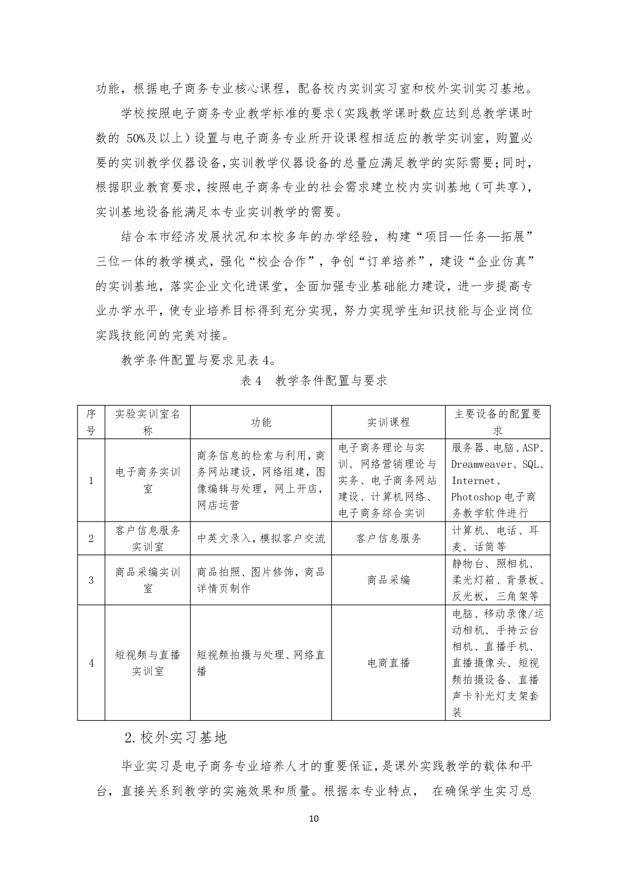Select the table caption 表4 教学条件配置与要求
click(x=314, y=381)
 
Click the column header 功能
click(x=260, y=422)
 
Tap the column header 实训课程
click(x=388, y=422)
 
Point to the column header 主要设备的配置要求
click(x=497, y=422)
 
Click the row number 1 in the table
click(x=91, y=480)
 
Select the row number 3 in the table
click(x=91, y=580)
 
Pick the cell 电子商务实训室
click(x=148, y=480)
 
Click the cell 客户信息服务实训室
click(x=148, y=538)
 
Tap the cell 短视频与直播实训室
click(x=148, y=663)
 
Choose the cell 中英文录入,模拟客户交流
click(x=260, y=538)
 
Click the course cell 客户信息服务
click(x=388, y=538)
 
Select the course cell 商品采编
click(x=388, y=580)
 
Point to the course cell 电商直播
click(x=388, y=663)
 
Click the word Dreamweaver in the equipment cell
click(x=481, y=465)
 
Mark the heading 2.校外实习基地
click(x=176, y=738)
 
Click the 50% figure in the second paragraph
click(x=139, y=139)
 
